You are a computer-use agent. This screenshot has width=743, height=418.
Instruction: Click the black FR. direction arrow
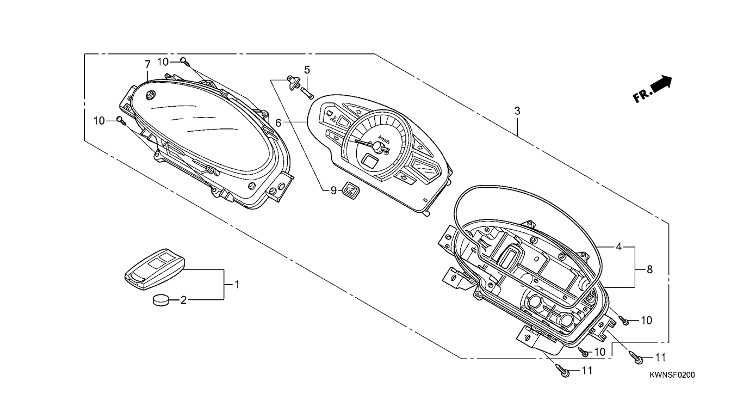[x=661, y=84]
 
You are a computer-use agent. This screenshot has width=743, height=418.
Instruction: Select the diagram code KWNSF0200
[x=672, y=375]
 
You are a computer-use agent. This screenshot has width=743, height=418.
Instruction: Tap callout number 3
[x=517, y=110]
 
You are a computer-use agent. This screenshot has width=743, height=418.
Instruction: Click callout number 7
[x=147, y=64]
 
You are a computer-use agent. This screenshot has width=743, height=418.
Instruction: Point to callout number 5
[x=307, y=70]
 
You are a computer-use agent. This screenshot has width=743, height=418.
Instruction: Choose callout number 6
[x=278, y=123]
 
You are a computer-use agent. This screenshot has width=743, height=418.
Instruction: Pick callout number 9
[x=333, y=190]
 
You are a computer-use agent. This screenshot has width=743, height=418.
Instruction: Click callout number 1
[x=237, y=284]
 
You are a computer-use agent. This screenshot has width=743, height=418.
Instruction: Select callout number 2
[x=183, y=300]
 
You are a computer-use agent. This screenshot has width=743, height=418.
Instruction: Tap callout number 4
[x=618, y=247]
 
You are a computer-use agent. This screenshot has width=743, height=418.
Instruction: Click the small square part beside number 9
[x=349, y=191]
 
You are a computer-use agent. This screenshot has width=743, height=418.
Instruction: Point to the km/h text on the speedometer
[x=384, y=138]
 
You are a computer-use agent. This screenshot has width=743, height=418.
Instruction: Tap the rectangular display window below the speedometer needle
[x=370, y=161]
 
